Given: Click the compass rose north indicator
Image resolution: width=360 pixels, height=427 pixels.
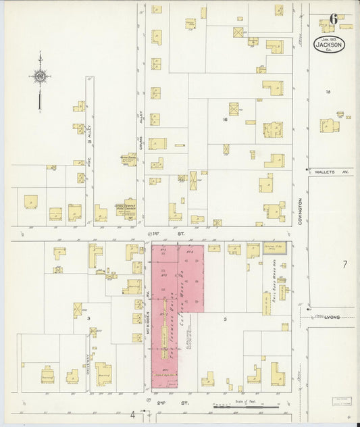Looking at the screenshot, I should point(41,76).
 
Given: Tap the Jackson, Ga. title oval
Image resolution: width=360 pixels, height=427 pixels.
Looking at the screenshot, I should point(329,45).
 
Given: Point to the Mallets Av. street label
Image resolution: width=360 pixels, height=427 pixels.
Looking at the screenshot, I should point(330,172).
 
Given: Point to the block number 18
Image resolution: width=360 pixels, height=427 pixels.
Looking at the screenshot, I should point(328,91).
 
